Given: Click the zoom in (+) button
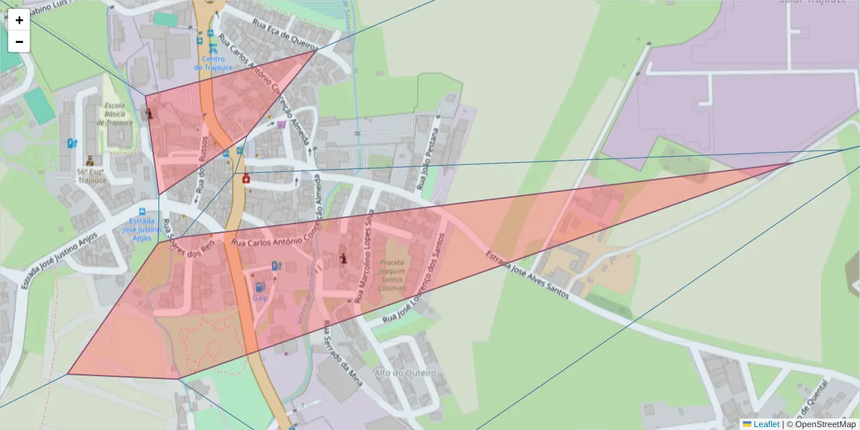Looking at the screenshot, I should (19, 20).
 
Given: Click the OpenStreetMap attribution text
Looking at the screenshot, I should (825, 424).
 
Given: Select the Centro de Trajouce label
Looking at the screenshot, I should (213, 62).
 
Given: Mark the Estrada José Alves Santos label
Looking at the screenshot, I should (527, 274).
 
